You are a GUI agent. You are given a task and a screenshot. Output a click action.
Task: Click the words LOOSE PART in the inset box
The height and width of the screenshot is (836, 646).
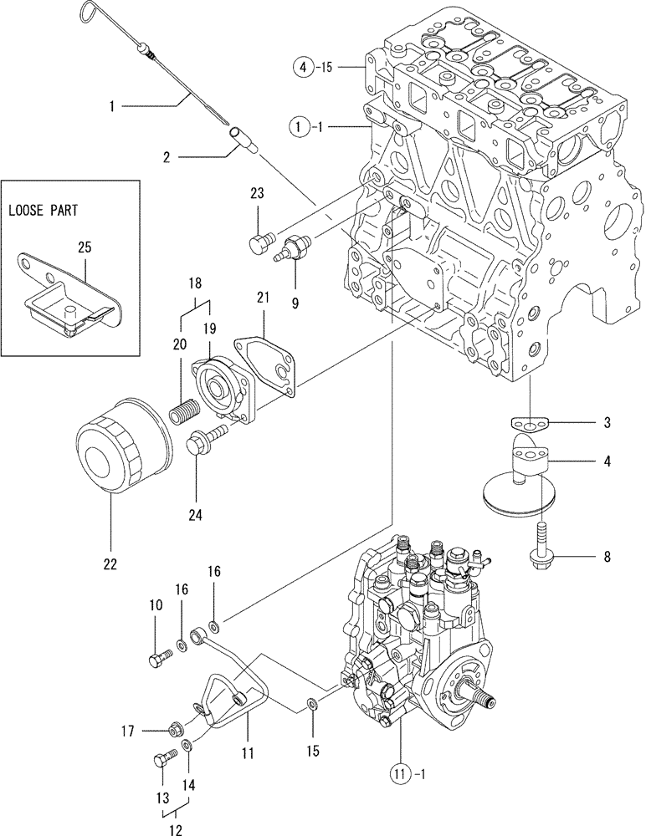click(43, 211)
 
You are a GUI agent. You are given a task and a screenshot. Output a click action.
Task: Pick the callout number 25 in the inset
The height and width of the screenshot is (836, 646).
click(86, 247)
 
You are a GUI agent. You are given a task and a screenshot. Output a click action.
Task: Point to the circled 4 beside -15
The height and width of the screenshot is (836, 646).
click(304, 64)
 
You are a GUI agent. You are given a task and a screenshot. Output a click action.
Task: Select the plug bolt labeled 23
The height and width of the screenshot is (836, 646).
click(259, 242)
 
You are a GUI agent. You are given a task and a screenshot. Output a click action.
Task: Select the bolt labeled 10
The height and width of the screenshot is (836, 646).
click(159, 661)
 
